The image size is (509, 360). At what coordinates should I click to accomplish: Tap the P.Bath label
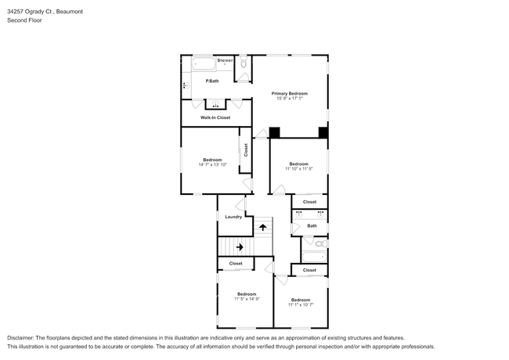211,81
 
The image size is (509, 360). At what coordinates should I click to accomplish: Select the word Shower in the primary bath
226,60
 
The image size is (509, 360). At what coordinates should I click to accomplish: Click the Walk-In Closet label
215,117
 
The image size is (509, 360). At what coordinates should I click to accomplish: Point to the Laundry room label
233,217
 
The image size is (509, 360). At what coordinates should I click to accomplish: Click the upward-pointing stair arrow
263,227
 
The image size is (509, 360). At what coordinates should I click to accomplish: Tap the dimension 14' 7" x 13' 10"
212,165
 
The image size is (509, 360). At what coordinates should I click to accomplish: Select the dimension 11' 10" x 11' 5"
298,169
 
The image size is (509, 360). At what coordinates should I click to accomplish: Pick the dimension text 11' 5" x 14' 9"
247,298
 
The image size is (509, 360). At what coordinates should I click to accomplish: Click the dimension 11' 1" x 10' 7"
301,304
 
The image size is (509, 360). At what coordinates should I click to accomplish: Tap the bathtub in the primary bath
201,62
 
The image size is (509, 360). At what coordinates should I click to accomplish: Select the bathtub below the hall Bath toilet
313,256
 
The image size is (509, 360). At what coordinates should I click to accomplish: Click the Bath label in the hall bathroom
312,225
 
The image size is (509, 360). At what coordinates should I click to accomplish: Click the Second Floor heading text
25,20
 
